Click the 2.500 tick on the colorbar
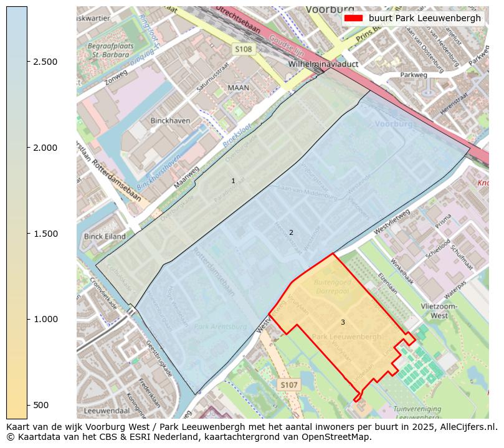point(27,62)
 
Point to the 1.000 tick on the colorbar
point(27,319)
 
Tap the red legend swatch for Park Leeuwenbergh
point(353,18)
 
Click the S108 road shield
point(244,49)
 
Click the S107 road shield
point(288,385)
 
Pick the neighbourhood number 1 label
point(234,181)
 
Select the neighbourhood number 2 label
point(291,233)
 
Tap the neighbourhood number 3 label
point(343,322)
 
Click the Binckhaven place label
point(170,120)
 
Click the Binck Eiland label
point(105,237)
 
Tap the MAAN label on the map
point(239,88)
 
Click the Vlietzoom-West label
point(439,311)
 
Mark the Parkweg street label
point(414,75)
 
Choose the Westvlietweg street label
point(392,222)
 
